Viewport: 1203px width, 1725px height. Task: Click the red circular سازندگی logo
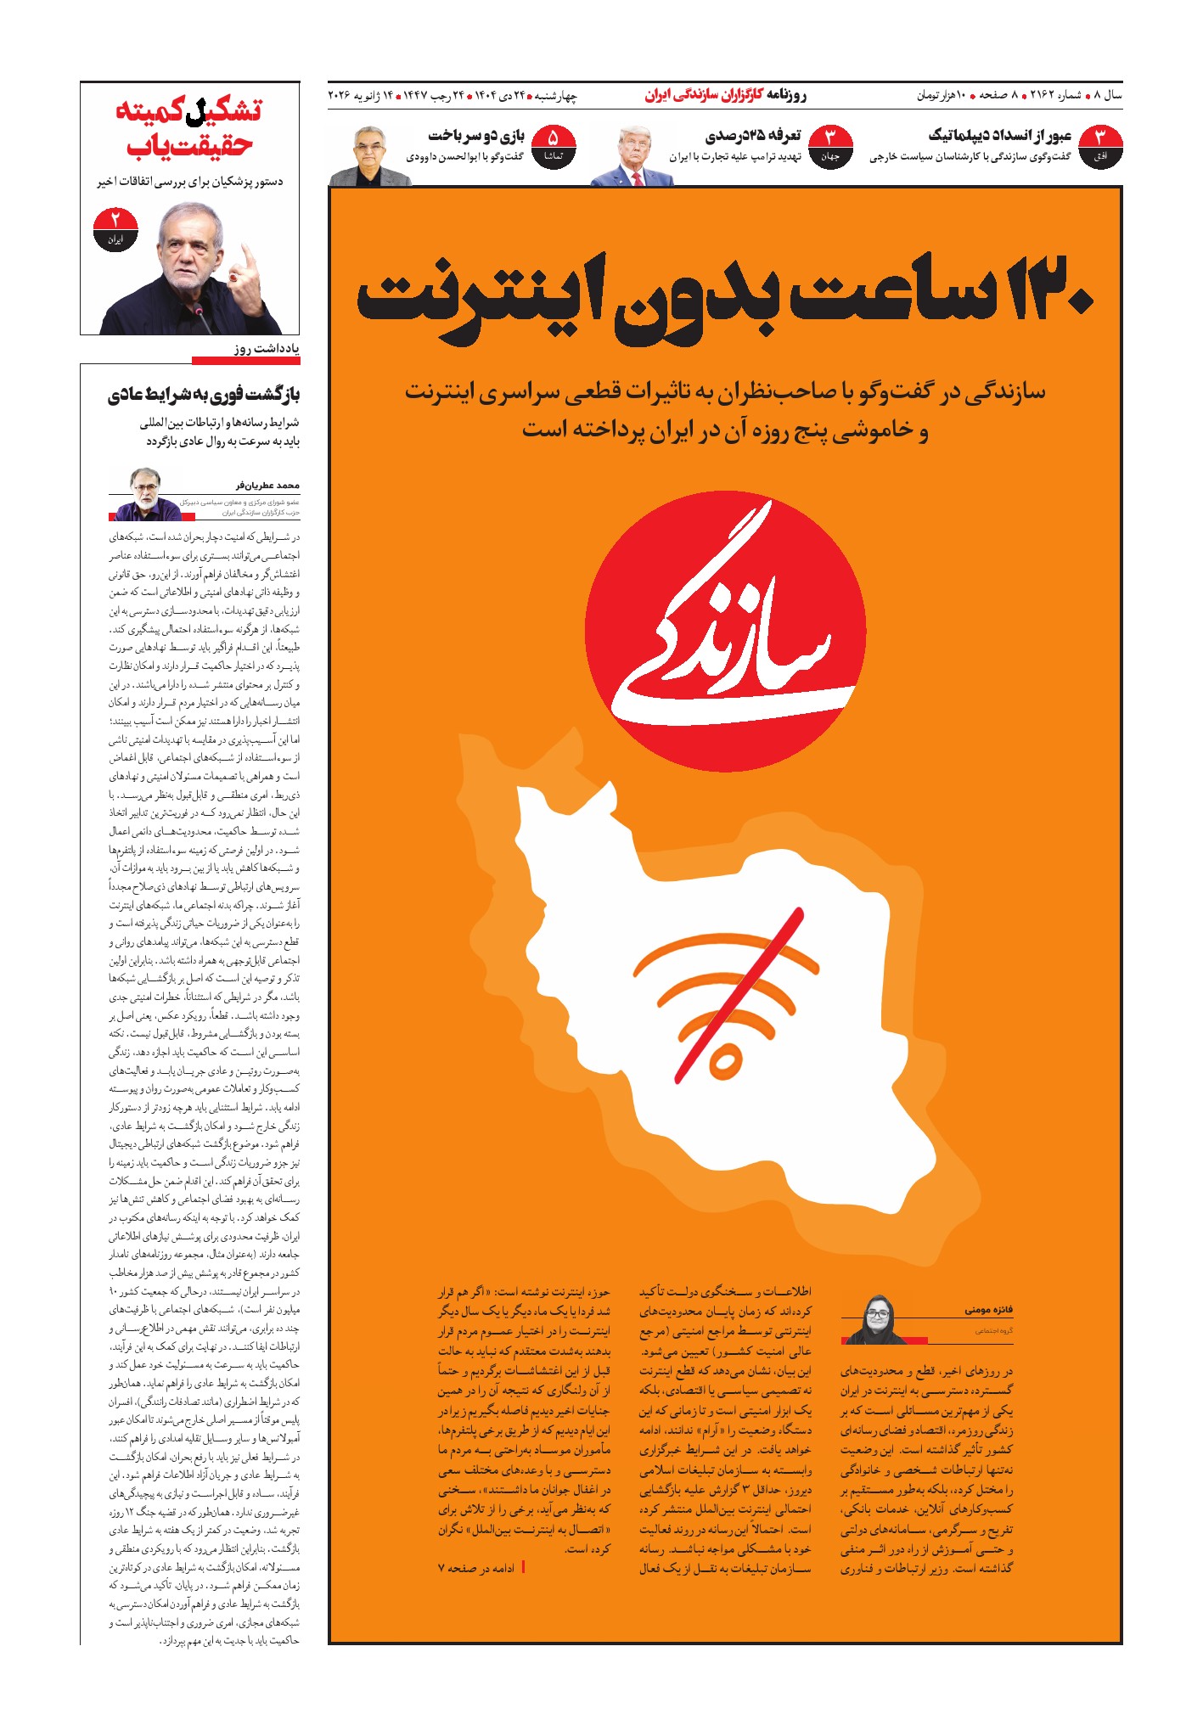(x=726, y=632)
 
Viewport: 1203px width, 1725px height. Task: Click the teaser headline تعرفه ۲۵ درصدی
(x=753, y=136)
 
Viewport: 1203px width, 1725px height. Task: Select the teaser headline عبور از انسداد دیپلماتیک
(x=1000, y=136)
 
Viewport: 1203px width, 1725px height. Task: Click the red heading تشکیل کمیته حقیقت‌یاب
(x=189, y=127)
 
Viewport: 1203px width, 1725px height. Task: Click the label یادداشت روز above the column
(x=267, y=349)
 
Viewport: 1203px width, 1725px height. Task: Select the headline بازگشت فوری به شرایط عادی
(x=204, y=395)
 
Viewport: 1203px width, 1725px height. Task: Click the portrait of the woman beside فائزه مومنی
(x=874, y=1320)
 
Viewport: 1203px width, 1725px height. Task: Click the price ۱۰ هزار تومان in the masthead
(x=941, y=95)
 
